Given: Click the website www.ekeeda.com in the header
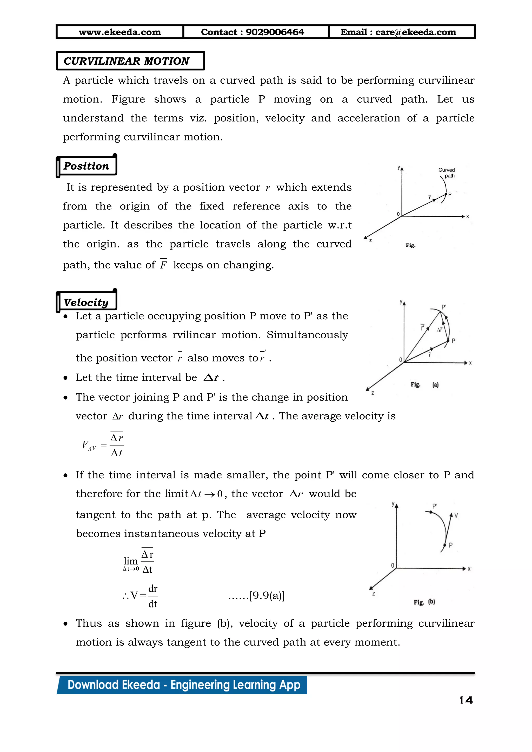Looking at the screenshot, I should pyautogui.click(x=120, y=32).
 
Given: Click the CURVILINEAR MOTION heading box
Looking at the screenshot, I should pyautogui.click(x=130, y=61).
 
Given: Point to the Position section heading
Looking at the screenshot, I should pyautogui.click(x=86, y=166).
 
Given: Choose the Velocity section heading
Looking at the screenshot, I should pyautogui.click(x=86, y=302).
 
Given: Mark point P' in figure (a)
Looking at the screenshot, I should pyautogui.click(x=444, y=307).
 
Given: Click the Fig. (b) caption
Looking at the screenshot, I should pyautogui.click(x=424, y=602).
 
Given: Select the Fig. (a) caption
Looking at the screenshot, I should pyautogui.click(x=424, y=385).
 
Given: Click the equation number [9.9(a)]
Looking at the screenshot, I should pyautogui.click(x=267, y=595).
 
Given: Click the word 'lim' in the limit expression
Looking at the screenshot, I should pyautogui.click(x=130, y=561).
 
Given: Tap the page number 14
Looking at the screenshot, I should pyautogui.click(x=466, y=701).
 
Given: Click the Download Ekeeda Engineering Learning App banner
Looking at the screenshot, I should pyautogui.click(x=183, y=685).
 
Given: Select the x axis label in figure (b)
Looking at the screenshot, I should pyautogui.click(x=469, y=569).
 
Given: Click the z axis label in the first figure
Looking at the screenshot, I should pyautogui.click(x=370, y=241).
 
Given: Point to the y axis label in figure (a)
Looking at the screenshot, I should pyautogui.click(x=401, y=302).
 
